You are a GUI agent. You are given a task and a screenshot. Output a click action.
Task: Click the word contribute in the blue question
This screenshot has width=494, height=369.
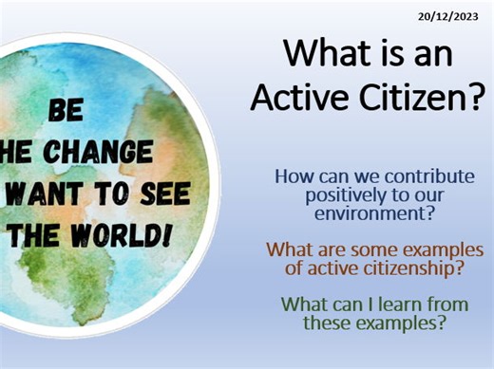pos(427,176)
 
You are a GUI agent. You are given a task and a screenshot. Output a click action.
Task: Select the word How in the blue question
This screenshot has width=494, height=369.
pos(291,176)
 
